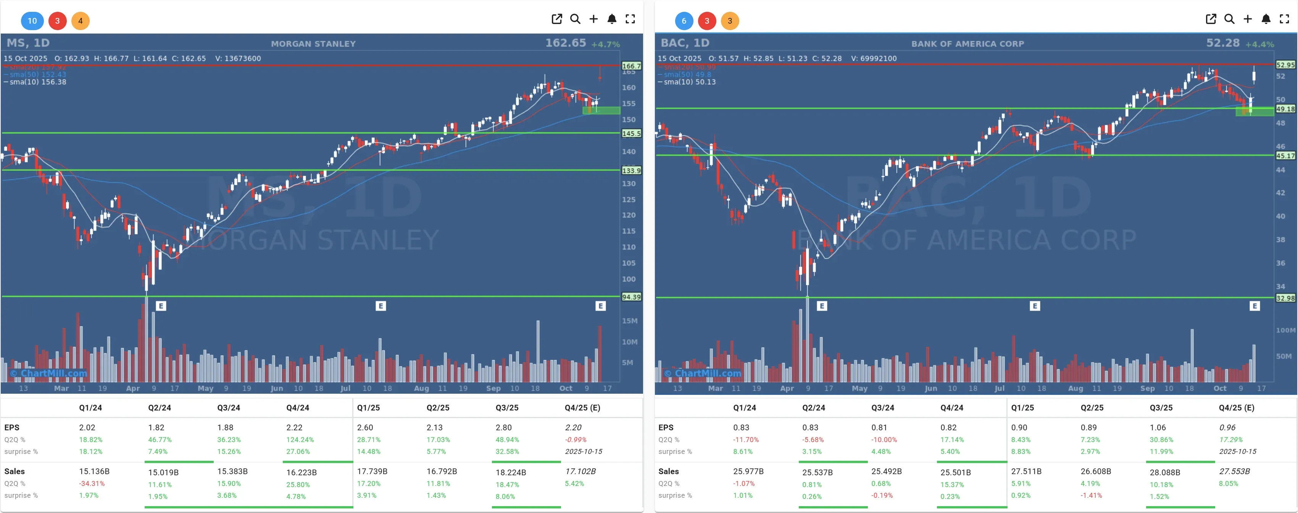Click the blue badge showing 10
click(32, 21)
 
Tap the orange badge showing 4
click(80, 21)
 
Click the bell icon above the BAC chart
click(1265, 19)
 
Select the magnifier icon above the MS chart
click(575, 19)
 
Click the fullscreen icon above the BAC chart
click(1284, 19)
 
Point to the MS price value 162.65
click(565, 43)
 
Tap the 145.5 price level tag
click(631, 133)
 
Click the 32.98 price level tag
click(1285, 298)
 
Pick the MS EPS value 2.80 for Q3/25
click(503, 427)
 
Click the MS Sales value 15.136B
click(94, 471)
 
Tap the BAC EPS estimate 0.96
click(1227, 427)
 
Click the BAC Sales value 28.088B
click(1164, 472)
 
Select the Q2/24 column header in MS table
click(159, 408)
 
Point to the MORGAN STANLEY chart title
click(313, 44)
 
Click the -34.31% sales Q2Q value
click(92, 483)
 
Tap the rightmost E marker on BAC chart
click(1254, 306)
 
